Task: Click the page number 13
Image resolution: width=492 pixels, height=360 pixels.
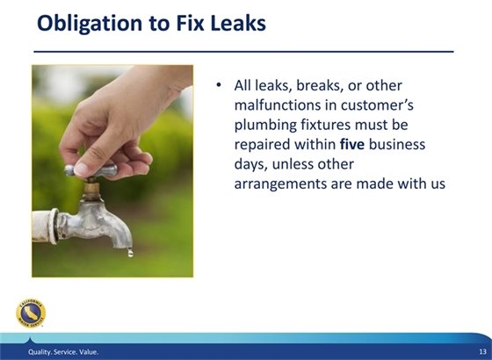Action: click(481, 352)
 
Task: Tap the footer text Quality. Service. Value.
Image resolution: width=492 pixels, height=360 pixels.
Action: click(64, 352)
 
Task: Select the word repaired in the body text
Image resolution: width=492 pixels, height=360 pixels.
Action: click(263, 144)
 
